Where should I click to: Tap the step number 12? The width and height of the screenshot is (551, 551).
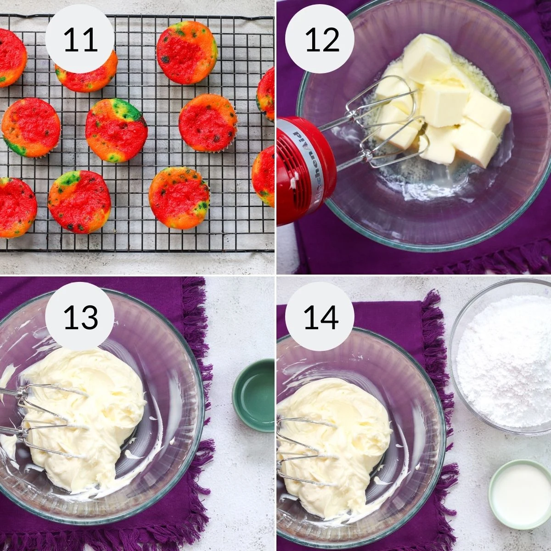click(322, 40)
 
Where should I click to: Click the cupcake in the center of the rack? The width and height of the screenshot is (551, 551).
click(116, 130)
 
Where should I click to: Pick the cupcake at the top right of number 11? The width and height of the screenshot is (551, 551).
click(187, 52)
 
